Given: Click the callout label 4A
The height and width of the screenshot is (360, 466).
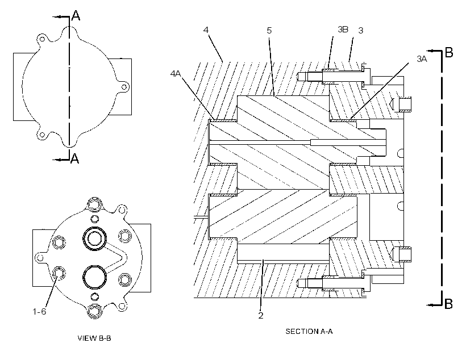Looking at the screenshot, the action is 176,73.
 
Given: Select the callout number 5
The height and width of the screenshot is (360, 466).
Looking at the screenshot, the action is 269,31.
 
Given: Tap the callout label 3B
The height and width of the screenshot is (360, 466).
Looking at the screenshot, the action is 343,30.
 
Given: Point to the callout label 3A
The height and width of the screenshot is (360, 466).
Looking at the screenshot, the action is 422,59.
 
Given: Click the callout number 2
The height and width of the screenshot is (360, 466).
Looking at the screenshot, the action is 261,316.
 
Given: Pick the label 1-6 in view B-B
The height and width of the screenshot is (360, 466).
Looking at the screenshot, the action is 39,311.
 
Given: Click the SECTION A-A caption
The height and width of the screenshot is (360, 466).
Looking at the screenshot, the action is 309,331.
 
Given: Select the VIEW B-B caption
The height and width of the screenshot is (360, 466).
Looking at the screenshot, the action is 94,338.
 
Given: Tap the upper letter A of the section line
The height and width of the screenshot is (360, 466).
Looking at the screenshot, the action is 76,15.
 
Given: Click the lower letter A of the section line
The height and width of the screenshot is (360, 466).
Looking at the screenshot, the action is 75,158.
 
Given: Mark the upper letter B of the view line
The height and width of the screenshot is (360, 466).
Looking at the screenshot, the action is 449,53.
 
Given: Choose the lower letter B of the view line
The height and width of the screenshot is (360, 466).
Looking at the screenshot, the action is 448,304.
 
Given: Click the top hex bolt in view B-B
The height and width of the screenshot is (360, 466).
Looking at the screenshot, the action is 95,204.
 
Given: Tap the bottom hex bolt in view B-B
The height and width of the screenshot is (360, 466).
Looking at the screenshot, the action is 95,312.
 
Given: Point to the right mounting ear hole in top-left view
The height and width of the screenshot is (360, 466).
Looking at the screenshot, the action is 124,87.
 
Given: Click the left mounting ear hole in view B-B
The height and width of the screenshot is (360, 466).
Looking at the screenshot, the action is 40,258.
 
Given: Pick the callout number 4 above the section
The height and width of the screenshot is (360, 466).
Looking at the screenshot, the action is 206,30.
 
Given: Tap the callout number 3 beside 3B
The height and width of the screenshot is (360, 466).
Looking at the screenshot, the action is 361,31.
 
